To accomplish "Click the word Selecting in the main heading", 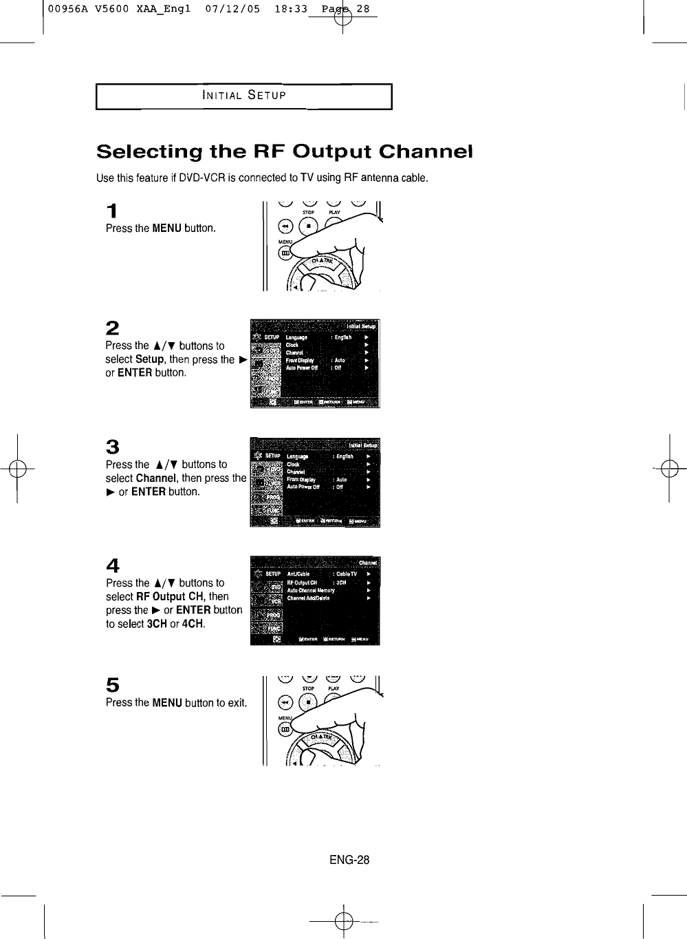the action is pos(147,151).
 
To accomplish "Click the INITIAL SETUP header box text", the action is pos(243,95).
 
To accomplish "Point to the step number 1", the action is pos(111,211).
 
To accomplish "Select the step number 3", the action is pos(112,447).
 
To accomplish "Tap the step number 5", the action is pos(112,684).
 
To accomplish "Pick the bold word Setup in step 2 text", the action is pos(149,359).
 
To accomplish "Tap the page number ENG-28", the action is pos(349,860).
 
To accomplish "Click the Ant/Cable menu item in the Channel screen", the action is pos(298,573).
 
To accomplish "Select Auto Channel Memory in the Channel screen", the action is pos(310,590).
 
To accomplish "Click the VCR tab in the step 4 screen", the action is pos(276,600).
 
